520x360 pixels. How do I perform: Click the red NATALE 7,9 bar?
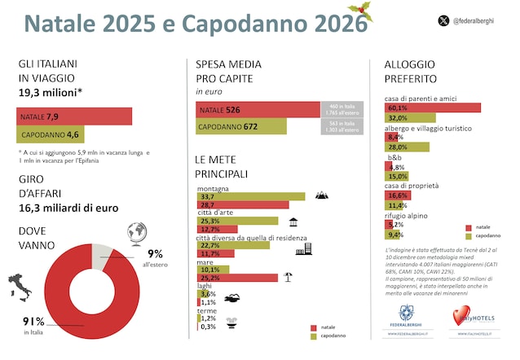coord(73,116)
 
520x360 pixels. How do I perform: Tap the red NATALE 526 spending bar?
coord(258,109)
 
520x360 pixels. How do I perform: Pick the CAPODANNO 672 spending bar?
coord(241,126)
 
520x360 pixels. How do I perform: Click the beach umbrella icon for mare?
coord(288,277)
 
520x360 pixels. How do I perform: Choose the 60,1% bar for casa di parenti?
coord(432,108)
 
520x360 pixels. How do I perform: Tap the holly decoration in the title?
coord(361,12)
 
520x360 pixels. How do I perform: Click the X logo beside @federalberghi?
coord(444,20)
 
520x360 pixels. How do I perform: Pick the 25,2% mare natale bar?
coord(237,277)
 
